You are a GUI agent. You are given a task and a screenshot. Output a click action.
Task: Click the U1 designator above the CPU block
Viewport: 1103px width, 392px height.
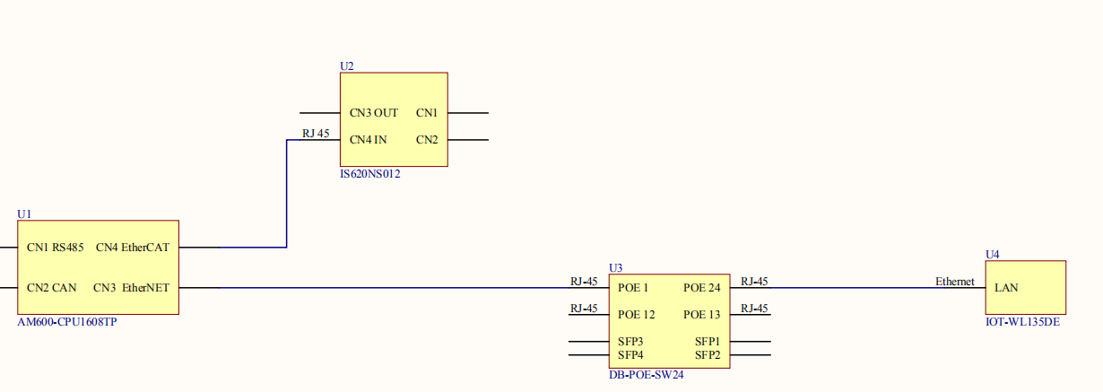coord(24,214)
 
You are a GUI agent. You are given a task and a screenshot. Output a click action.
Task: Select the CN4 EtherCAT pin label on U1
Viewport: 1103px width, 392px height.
coord(133,248)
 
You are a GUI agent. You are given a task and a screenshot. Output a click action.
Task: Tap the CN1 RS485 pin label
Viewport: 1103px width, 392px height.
coord(56,248)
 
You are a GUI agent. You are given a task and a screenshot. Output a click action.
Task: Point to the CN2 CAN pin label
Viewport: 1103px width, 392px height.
coord(51,288)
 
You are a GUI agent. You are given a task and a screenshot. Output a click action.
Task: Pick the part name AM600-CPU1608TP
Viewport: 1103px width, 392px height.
coord(67,321)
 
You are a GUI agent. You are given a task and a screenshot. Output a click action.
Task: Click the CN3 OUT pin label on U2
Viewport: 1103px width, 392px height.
coord(374,113)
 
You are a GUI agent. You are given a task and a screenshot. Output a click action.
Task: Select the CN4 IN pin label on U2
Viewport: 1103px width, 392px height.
coord(369,140)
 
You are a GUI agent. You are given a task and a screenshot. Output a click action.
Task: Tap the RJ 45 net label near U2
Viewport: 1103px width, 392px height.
coord(316,134)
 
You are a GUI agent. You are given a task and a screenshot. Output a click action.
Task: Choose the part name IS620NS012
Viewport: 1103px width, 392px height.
coord(370,174)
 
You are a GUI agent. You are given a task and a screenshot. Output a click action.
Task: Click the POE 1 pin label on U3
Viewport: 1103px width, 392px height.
coord(633,288)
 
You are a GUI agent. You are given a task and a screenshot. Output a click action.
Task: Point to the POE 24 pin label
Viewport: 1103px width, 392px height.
coord(702,288)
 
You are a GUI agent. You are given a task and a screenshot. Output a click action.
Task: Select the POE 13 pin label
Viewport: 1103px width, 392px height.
coord(702,315)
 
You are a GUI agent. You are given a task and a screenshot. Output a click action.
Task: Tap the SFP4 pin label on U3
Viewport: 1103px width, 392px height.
coord(630,355)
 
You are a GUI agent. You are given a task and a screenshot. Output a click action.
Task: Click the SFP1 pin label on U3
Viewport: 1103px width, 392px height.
coord(708,342)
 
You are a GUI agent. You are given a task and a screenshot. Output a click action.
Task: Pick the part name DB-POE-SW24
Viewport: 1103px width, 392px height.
coord(647,375)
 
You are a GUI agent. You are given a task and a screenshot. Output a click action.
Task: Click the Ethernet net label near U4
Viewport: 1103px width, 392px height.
coord(954,282)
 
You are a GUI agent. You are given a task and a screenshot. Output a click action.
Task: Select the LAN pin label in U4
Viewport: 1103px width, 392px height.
coord(1006,288)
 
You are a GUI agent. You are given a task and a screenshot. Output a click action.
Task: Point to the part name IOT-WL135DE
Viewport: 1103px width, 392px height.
coord(1022,321)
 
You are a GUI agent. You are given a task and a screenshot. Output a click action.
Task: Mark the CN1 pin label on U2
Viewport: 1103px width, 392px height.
coord(427,113)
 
